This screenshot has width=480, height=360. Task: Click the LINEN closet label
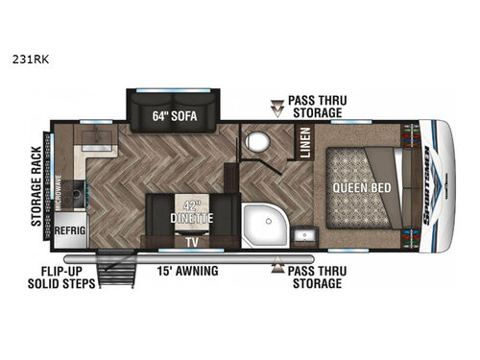[x=303, y=144]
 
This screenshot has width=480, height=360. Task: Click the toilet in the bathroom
[x=257, y=143]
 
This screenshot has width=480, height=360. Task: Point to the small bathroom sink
[x=306, y=236]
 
